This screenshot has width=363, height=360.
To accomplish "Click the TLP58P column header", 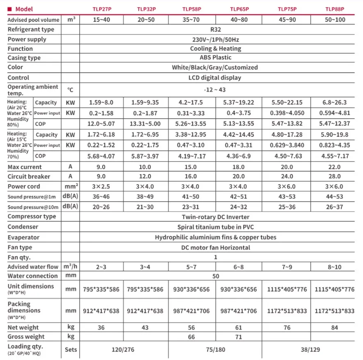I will click(x=192, y=9).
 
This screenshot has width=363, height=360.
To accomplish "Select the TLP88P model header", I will click(x=335, y=9).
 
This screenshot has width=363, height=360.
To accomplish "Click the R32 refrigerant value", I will click(x=216, y=30).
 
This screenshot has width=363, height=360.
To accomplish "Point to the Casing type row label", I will click(x=24, y=58).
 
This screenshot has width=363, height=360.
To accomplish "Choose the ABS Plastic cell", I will click(x=216, y=58).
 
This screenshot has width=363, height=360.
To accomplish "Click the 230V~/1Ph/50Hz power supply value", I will click(x=216, y=39).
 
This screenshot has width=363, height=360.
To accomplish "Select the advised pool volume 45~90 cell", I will click(x=287, y=20).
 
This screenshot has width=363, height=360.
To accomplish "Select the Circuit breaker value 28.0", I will click(x=335, y=177).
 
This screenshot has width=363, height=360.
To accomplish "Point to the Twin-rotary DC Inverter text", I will click(x=216, y=217).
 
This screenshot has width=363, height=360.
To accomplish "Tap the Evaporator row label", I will click(x=24, y=237).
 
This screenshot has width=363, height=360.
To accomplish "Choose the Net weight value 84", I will click(x=335, y=328).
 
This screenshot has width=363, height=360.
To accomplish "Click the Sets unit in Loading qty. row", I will click(x=71, y=350).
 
